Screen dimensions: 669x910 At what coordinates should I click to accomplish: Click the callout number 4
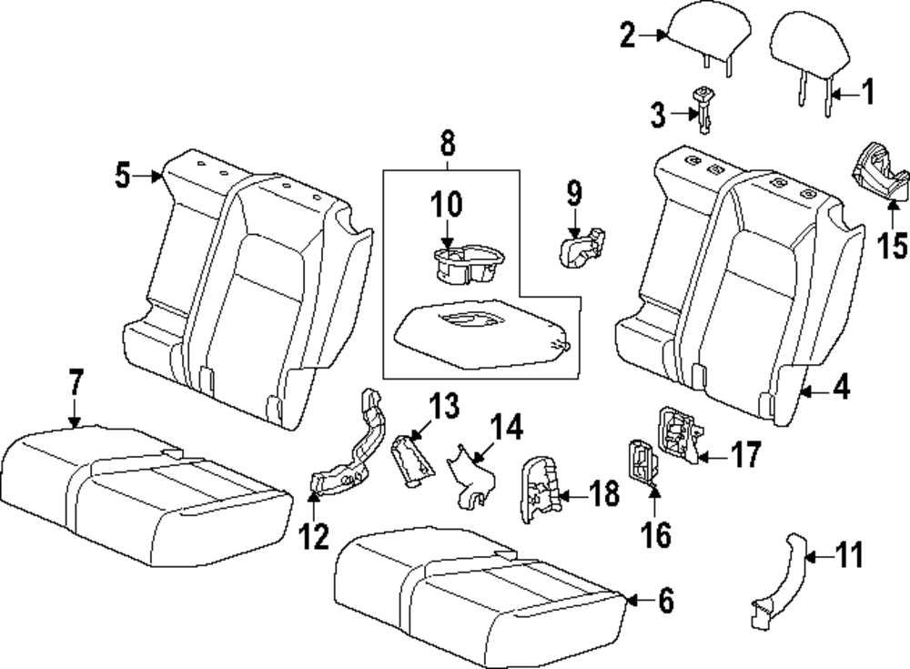pyautogui.click(x=840, y=390)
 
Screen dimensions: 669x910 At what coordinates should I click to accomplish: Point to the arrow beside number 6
pyautogui.click(x=636, y=601)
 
